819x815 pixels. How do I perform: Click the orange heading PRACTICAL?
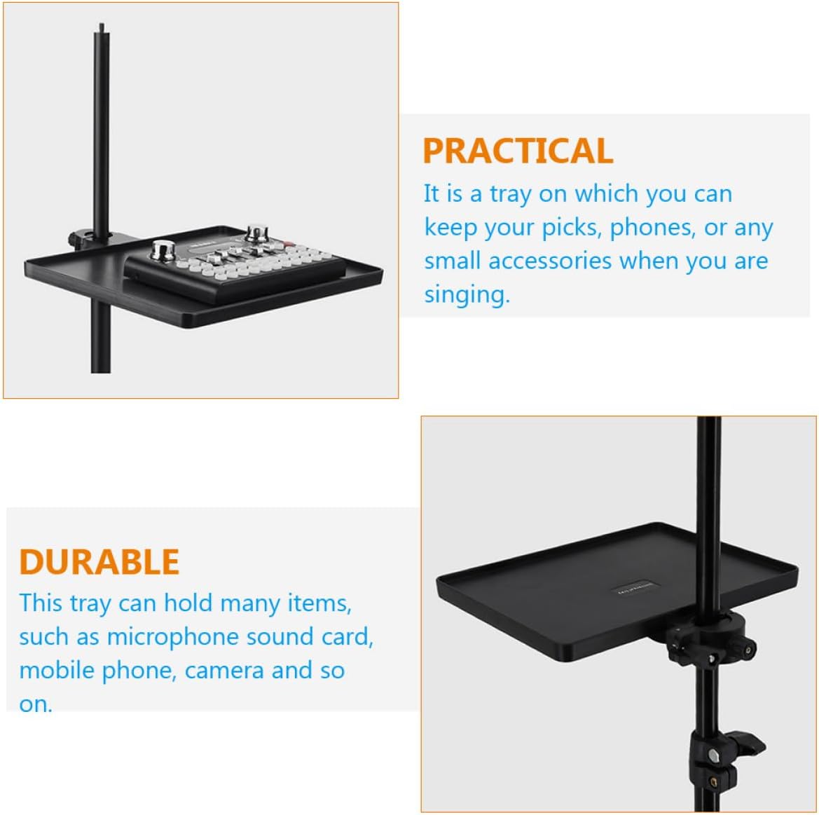coord(517,151)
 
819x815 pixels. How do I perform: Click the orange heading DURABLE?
coord(99,561)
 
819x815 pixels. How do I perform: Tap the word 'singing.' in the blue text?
coord(467,294)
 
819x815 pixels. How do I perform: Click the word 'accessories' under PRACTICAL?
coord(550,261)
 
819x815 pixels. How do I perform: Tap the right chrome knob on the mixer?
coord(256,233)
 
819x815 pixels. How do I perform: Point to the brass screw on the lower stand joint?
coord(714,782)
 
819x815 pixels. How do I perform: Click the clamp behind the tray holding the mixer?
coord(83,238)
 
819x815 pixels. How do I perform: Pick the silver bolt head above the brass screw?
coord(712,755)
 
